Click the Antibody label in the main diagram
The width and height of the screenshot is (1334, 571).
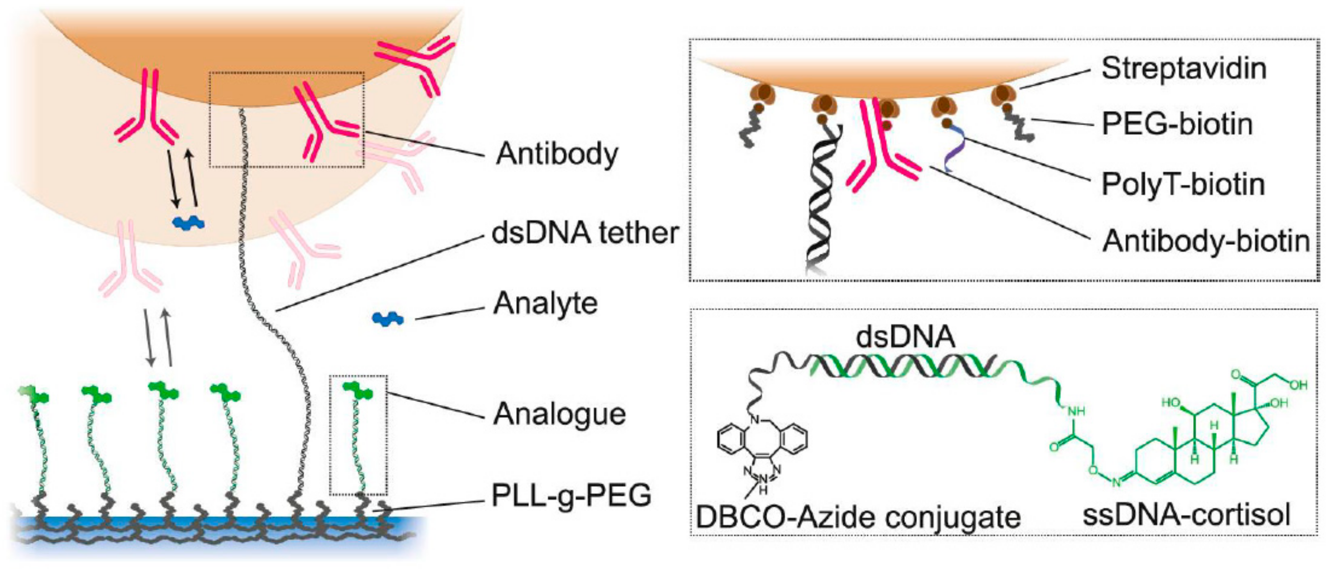557,154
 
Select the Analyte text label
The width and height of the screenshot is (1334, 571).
545,304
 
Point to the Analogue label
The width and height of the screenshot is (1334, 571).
559,415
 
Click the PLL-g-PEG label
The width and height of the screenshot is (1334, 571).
571,495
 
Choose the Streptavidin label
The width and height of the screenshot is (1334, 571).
1184,69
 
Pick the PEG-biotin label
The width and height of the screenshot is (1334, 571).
1177,124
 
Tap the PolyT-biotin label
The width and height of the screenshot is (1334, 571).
1183,184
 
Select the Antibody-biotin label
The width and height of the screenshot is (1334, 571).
1206,241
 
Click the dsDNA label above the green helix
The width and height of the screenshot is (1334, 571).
905,337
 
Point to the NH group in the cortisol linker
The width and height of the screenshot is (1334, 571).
1075,412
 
